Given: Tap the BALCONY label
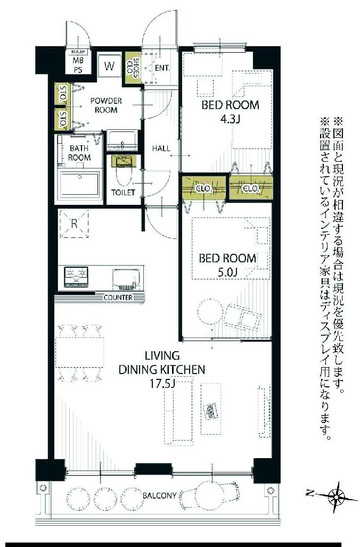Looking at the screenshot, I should click(159, 495).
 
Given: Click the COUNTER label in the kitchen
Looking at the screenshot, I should click(118, 297).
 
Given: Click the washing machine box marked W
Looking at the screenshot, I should click(109, 67).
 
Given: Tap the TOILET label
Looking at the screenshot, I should click(123, 193).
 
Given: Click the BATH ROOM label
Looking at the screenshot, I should click(79, 153).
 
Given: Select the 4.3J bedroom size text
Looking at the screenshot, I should click(230, 119).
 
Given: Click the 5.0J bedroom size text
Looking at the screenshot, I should click(227, 273).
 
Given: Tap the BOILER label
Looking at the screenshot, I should click(78, 52).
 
